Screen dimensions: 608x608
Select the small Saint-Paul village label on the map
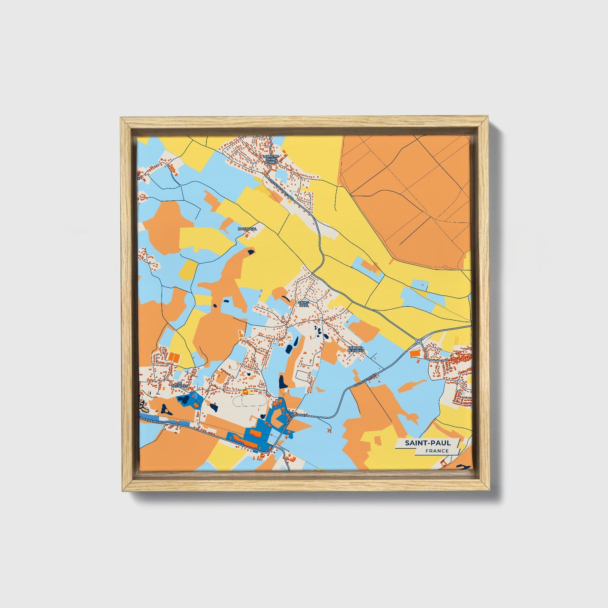(303, 303)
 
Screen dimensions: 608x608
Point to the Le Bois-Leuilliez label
(356, 349)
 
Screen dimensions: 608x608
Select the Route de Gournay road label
(296, 421)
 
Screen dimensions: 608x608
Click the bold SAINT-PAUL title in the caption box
(427, 443)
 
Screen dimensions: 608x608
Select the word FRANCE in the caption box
(437, 451)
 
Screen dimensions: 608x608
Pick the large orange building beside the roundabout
(415, 354)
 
